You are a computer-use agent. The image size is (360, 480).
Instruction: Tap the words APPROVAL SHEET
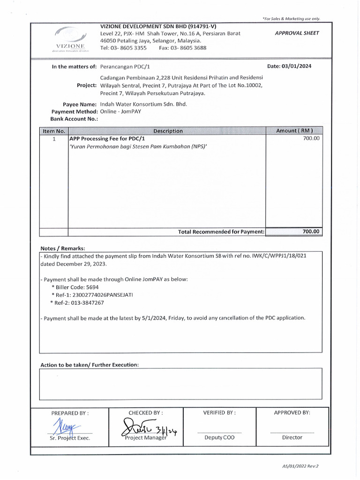tap(297, 33)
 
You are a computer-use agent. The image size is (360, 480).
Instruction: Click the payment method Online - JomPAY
tap(121, 112)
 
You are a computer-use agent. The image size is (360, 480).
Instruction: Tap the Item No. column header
tap(53, 131)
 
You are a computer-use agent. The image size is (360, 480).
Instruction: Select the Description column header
tap(167, 131)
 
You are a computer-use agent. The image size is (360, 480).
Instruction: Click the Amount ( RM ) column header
tap(294, 131)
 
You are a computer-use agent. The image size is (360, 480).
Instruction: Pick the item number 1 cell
tap(54, 139)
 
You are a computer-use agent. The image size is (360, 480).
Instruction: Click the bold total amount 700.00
tap(310, 232)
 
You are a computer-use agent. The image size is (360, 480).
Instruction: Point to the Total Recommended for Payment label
tap(221, 232)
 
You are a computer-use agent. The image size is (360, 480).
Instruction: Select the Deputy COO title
tap(219, 437)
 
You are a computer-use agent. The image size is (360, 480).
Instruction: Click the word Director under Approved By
tap(292, 437)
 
